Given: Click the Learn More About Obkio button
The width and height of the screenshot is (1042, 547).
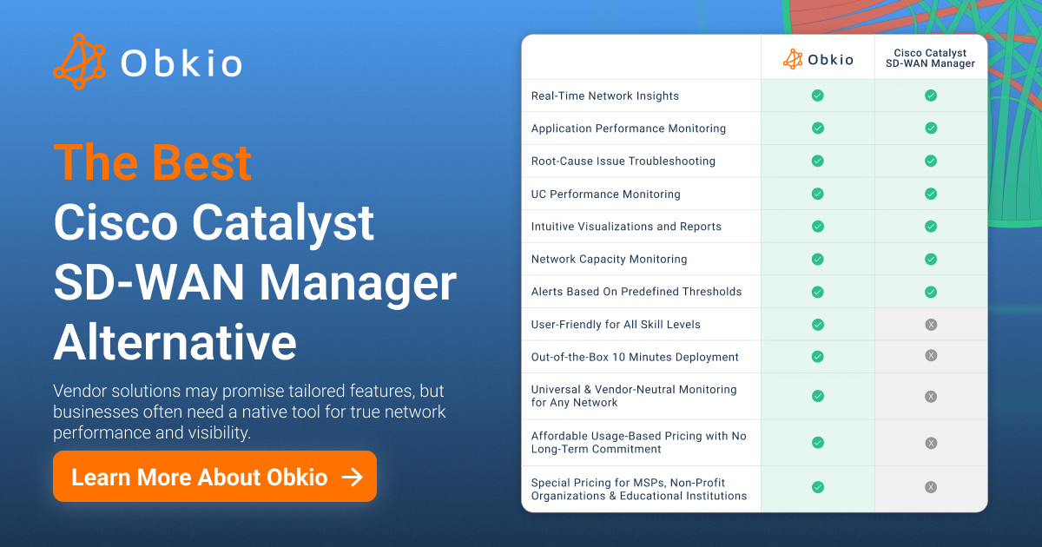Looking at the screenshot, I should (x=214, y=477).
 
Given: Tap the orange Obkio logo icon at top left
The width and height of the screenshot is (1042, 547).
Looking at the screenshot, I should (x=79, y=62).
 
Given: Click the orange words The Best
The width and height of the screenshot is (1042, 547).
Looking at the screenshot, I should (x=153, y=162).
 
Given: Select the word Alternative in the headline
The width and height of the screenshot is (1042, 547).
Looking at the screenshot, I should (x=175, y=342).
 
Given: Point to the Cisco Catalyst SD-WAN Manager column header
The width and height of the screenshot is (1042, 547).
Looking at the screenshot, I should (x=930, y=58).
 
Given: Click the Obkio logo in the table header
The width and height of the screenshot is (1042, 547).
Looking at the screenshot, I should (x=817, y=59).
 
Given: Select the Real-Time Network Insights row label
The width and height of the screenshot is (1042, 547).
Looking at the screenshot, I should (x=604, y=96).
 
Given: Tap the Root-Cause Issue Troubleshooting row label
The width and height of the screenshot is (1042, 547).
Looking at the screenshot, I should (x=623, y=161).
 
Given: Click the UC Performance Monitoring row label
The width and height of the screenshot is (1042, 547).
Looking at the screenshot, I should (x=605, y=194).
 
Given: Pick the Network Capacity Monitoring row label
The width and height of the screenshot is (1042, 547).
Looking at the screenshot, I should (x=609, y=259).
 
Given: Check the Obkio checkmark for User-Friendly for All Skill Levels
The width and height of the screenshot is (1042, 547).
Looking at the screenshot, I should (x=817, y=324).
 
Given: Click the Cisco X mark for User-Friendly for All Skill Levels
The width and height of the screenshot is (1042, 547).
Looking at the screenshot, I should (x=931, y=324).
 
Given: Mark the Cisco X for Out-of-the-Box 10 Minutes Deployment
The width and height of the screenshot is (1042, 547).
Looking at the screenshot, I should (x=931, y=355).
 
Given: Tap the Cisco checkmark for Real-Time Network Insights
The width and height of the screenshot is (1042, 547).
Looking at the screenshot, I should (x=931, y=96).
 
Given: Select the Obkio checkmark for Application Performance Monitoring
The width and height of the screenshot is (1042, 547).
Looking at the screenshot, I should (x=817, y=128).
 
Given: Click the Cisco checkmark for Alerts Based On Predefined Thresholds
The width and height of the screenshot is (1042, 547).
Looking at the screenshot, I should (x=931, y=291).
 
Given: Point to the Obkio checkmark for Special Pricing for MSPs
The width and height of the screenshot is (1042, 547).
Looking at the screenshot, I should (x=817, y=487).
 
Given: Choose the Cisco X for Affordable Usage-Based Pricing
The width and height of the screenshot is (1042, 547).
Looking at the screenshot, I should (x=931, y=443).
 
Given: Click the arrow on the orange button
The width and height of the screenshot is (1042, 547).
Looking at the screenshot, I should (x=352, y=477).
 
